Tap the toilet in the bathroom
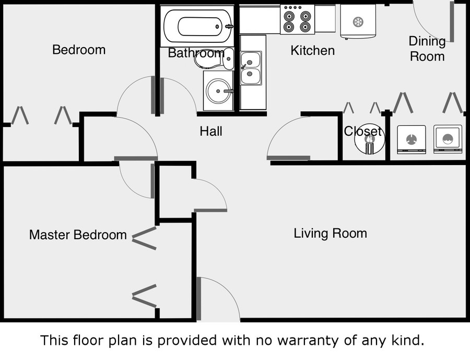click(214, 60)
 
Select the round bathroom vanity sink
click(217, 92)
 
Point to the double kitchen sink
click(251, 68)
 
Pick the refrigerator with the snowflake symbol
click(358, 21)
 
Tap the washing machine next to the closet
click(412, 139)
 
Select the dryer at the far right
click(448, 139)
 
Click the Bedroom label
click(79, 50)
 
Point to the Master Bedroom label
click(78, 235)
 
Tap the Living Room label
click(330, 233)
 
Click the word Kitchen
click(312, 51)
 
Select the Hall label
click(211, 131)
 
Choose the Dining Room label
click(427, 49)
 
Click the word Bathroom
click(196, 53)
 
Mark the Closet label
click(363, 132)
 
